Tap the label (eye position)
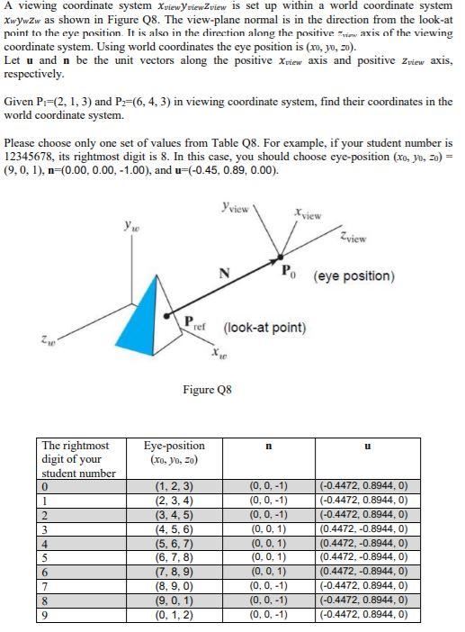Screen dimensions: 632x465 tap(353, 275)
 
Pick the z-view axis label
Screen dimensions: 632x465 tap(353, 239)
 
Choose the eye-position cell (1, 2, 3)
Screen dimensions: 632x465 tap(174, 487)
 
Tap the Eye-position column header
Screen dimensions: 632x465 tap(174, 452)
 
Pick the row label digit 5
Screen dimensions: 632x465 tap(46, 559)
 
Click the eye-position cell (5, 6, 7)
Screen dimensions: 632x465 tap(174, 545)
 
